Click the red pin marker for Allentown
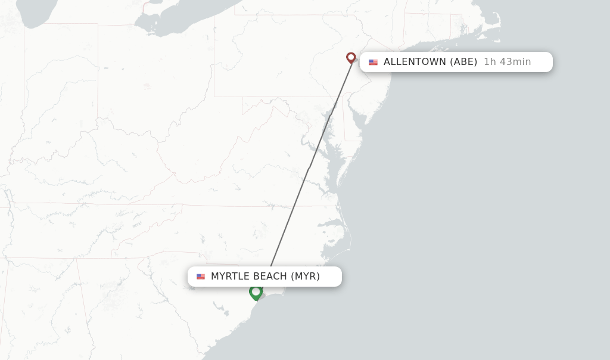click(351, 58)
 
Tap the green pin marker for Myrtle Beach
click(256, 292)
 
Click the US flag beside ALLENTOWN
click(373, 62)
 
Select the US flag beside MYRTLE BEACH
click(201, 277)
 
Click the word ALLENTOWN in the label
click(415, 62)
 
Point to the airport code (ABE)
click(463, 62)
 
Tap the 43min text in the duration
click(513, 62)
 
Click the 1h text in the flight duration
click(489, 62)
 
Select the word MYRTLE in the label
click(231, 277)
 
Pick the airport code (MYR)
click(306, 277)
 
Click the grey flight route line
click(310, 167)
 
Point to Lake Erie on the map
click(179, 21)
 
